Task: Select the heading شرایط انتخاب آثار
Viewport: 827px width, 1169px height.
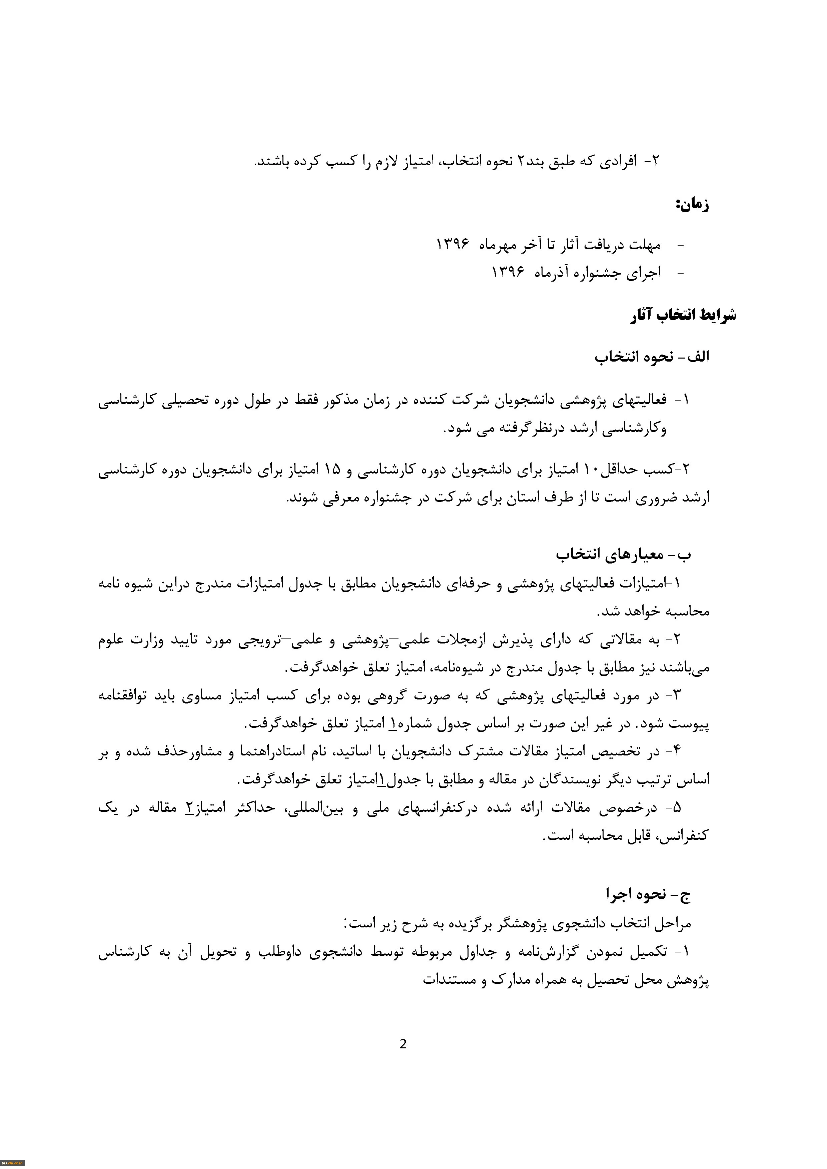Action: coord(683,315)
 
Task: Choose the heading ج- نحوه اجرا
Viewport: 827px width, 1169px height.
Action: coord(648,894)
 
